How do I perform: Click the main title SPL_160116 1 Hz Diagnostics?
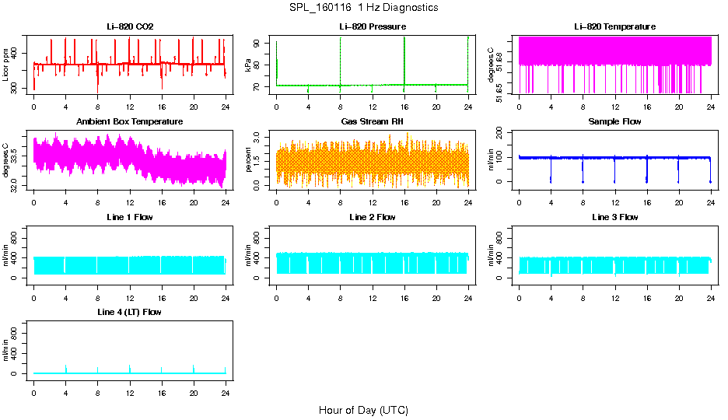tap(364, 7)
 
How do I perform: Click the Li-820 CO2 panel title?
tap(130, 26)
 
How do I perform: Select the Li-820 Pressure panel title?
tap(373, 26)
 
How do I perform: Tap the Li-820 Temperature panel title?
tap(614, 26)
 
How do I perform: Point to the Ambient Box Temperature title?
tap(130, 121)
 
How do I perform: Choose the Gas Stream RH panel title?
tap(373, 121)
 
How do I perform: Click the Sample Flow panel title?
tap(614, 121)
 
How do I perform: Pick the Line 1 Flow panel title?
tap(130, 217)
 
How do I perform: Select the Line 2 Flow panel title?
tap(373, 217)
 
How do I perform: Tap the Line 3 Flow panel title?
tap(614, 217)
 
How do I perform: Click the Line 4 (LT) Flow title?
tap(130, 312)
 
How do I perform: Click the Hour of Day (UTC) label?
tap(363, 410)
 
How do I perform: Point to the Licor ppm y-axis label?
tap(7, 65)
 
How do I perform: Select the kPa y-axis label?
tap(249, 65)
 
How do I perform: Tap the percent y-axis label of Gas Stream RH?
tap(249, 159)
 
